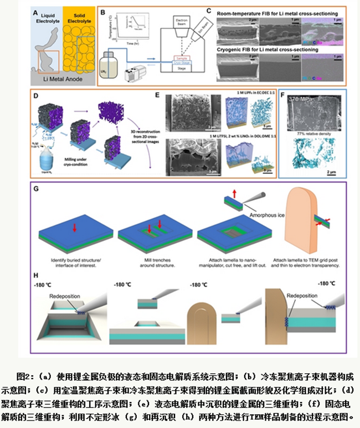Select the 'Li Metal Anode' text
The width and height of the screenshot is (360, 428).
[x=74, y=79]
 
